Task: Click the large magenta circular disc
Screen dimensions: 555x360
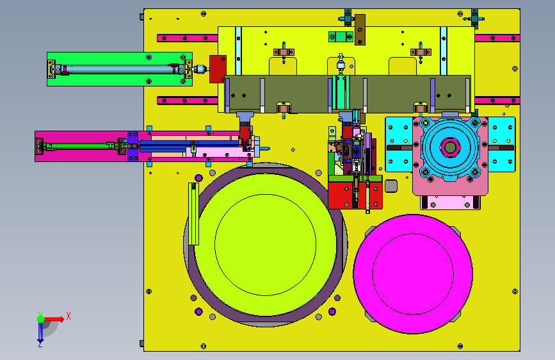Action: (413, 274)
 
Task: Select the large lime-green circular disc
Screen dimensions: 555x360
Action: (265, 245)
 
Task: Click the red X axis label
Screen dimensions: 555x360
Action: (68, 316)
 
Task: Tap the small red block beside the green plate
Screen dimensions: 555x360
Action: (218, 69)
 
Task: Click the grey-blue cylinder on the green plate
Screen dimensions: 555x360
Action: (120, 69)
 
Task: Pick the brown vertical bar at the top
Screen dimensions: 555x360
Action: (360, 29)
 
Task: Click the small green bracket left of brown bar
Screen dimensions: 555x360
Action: (341, 37)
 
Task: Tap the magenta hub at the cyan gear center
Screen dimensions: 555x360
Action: (450, 147)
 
